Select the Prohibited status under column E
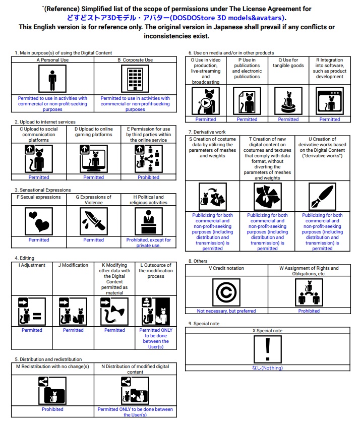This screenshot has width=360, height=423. coord(149,177)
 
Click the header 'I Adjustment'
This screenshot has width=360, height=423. coord(32,265)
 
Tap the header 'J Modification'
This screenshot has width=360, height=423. coord(73,265)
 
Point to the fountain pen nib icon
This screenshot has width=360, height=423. coord(322,196)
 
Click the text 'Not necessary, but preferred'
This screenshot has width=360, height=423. coord(226,311)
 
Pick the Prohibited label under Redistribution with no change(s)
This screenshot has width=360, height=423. coord(52,409)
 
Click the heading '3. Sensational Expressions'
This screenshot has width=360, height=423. coord(42,190)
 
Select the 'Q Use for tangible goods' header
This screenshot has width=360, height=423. coord(288,63)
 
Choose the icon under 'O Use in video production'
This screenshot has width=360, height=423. coord(206,101)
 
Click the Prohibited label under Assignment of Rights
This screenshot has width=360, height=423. coord(309,311)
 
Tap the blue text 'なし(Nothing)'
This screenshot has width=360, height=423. coord(268,368)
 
